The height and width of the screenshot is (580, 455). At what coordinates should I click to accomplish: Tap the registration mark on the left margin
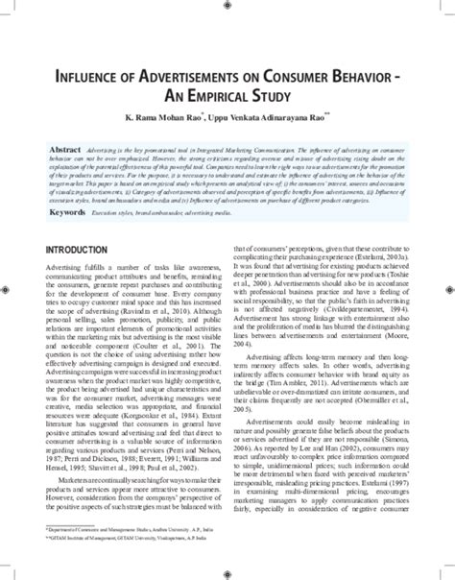click(x=8, y=287)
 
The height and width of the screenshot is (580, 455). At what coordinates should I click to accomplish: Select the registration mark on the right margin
click(x=446, y=287)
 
